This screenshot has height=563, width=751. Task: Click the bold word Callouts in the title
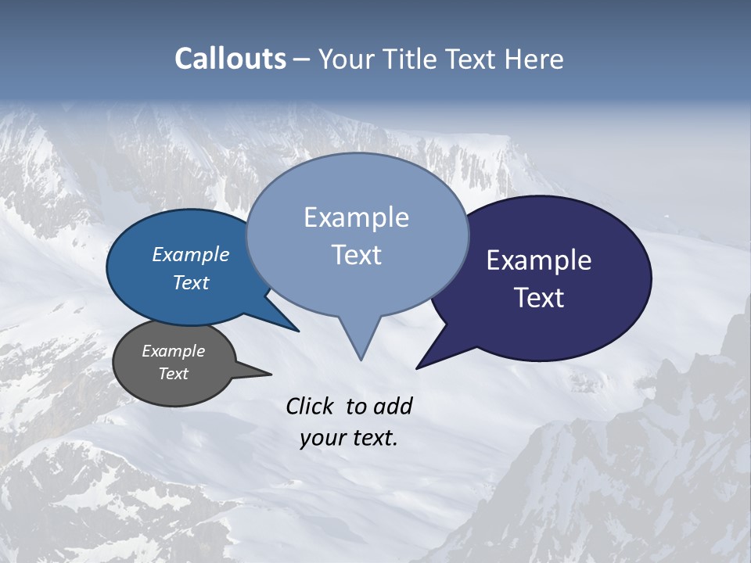230,59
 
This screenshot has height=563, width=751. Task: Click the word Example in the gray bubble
173,351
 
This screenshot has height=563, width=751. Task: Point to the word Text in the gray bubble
173,374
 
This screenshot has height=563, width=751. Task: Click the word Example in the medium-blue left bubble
190,254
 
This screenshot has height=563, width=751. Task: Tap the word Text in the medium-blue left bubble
190,282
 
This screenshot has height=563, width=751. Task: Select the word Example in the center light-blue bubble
356,217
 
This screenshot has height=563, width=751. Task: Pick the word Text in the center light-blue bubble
356,255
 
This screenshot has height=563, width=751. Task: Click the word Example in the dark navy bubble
539,260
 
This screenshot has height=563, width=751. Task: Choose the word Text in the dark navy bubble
539,298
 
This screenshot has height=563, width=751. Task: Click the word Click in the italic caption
311,406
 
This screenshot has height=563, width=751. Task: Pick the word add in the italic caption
392,406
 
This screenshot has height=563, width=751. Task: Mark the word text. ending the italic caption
373,438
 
